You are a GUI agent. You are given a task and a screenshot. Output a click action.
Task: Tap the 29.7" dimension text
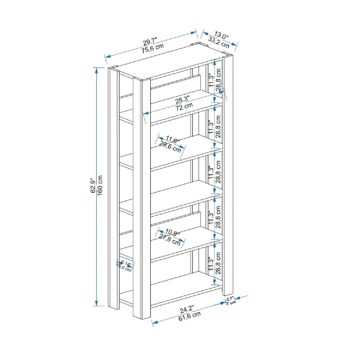(150, 42)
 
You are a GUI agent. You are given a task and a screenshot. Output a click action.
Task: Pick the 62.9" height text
(93, 185)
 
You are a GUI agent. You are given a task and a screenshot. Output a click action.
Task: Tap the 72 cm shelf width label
(184, 107)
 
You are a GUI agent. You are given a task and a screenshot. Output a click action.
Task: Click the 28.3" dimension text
(182, 99)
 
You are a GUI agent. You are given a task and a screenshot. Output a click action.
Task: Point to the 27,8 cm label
(170, 240)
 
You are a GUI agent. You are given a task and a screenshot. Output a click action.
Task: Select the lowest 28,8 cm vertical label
(219, 263)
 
